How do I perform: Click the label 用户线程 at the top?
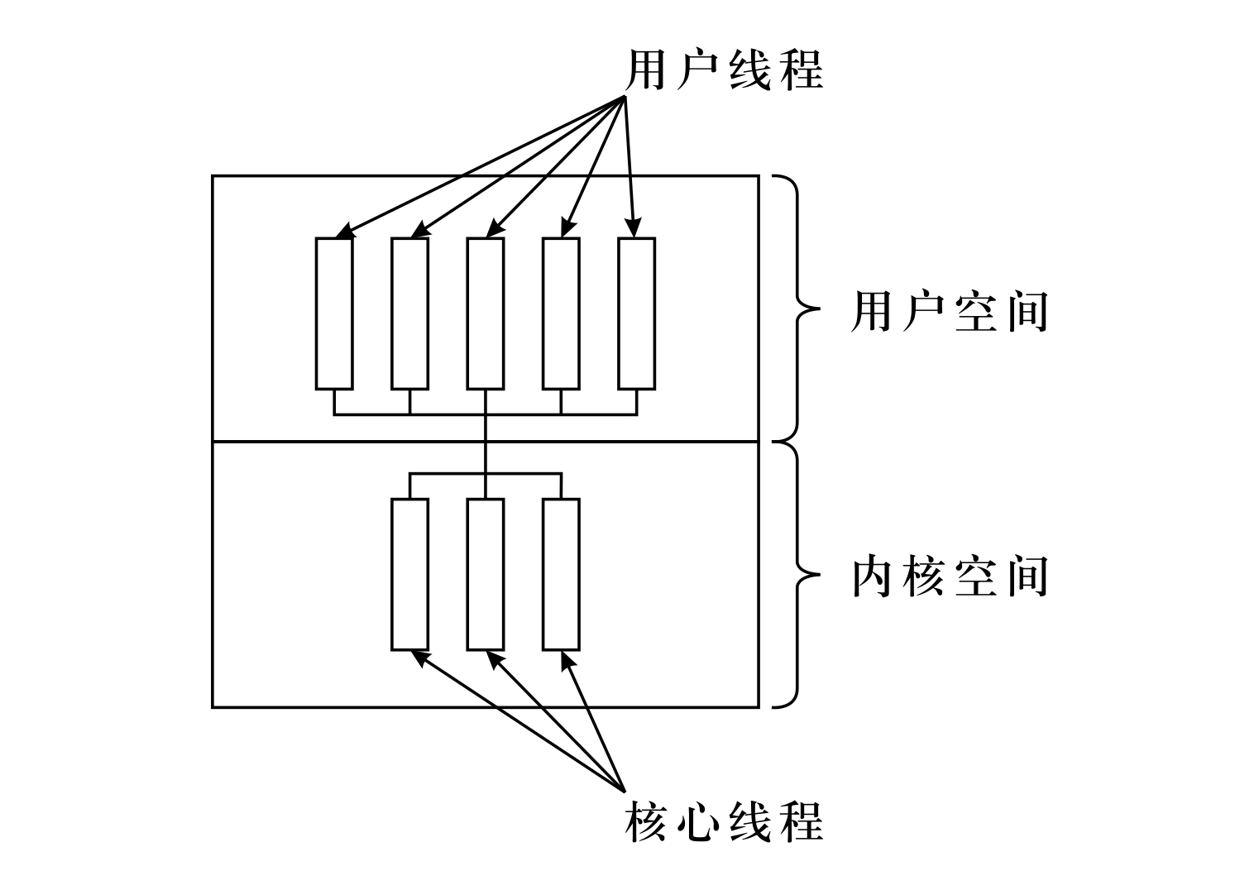[x=725, y=69]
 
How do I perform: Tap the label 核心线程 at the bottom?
[x=725, y=821]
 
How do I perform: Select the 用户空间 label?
[x=950, y=312]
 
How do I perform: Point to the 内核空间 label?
[x=950, y=577]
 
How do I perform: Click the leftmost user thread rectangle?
[x=334, y=313]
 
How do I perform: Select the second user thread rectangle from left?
[x=409, y=313]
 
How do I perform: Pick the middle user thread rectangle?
[x=486, y=313]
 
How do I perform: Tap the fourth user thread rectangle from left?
[x=561, y=313]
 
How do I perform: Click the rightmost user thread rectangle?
[x=637, y=313]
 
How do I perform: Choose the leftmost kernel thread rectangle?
[x=409, y=574]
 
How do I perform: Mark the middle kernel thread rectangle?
[x=486, y=574]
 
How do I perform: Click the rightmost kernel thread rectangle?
[x=561, y=574]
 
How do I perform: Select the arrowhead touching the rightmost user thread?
[x=635, y=229]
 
